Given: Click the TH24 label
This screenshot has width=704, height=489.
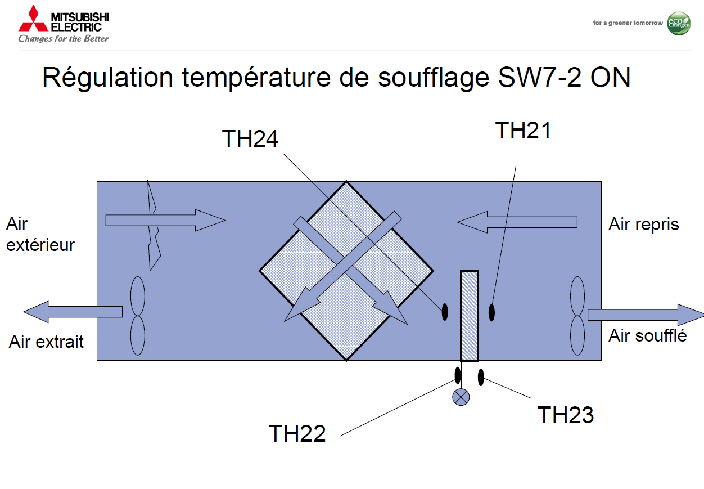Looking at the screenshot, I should coord(250,138).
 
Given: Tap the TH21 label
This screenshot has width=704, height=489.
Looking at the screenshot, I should coord(523,130).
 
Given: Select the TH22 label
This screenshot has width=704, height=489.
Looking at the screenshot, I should coord(297,434).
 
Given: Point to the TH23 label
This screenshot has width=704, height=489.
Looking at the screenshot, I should coord(565,415).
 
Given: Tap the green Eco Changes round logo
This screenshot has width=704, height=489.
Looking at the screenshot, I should coord(678,23).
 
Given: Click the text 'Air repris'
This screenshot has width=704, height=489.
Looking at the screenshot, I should coord(643,224).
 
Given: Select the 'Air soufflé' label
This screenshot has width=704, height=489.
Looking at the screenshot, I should coord(647,335).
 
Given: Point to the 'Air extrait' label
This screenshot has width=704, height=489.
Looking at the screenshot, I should coord(46,341).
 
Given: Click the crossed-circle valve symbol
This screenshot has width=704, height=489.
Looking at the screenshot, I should coord(461,397).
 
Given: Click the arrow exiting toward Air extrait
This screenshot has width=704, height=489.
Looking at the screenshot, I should coord(73,311).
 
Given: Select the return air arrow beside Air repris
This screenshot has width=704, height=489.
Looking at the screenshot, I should coord(517,221).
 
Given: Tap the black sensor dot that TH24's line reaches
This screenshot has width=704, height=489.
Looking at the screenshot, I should coord(444,311).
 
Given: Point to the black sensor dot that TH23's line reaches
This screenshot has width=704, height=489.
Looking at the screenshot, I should coord(481,376).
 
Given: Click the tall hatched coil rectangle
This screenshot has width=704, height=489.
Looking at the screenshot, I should coord(469,315).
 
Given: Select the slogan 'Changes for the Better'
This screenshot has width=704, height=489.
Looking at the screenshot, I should coord(64,39).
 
